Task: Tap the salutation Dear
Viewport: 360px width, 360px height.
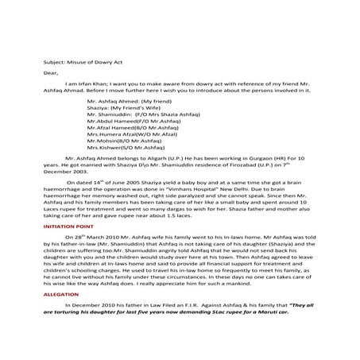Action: click(x=51, y=72)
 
